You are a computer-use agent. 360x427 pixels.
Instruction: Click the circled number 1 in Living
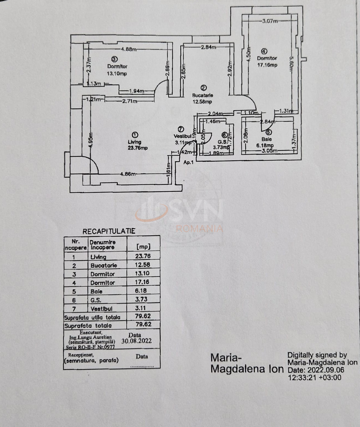click(135, 135)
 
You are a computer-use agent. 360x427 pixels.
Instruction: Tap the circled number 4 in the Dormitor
click(264, 51)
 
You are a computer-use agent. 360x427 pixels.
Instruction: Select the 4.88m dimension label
click(129, 49)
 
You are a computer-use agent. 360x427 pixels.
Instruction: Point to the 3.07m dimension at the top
click(270, 21)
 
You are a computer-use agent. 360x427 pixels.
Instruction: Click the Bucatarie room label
click(202, 95)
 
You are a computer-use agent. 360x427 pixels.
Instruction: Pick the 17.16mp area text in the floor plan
click(267, 65)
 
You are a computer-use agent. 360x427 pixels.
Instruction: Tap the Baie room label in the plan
click(266, 139)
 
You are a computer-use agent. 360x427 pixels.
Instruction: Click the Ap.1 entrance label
click(188, 162)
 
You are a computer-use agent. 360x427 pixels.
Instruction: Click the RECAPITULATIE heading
click(109, 231)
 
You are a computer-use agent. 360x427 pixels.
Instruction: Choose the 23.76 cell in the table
click(143, 256)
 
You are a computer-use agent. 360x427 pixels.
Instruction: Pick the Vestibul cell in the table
click(101, 308)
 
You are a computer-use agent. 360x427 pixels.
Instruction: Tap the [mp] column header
click(143, 247)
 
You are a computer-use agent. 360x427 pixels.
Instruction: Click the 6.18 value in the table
click(141, 291)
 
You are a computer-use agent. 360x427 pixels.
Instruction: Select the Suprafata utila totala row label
click(92, 317)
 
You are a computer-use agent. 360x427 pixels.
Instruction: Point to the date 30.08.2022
click(136, 341)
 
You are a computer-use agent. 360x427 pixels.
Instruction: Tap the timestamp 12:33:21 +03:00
click(314, 378)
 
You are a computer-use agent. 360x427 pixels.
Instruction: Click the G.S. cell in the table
click(96, 300)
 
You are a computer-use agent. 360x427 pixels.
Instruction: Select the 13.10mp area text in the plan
click(117, 74)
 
